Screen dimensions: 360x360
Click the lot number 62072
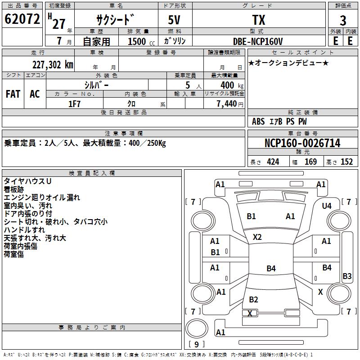pos(22,19)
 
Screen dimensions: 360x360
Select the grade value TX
pos(259,20)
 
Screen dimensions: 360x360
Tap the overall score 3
pos(343,21)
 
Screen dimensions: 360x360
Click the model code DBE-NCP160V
pos(258,41)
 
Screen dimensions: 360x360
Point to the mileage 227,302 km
pos(53,65)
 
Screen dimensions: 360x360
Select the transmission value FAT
pos(13,94)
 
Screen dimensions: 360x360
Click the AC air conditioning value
pos(35,94)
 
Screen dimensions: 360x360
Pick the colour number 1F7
pos(74,104)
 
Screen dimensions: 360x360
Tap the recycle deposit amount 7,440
pos(227,104)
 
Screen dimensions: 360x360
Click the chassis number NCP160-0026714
pos(302,143)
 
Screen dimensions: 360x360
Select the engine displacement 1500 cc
pos(141,41)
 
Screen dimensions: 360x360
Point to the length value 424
pos(273,162)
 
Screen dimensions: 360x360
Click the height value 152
pos(346,162)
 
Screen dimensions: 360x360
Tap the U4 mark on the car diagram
pos(327,206)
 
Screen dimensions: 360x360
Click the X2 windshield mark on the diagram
pos(257,237)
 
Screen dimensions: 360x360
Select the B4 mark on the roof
pos(271,268)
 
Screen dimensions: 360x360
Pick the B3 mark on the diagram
pos(347,276)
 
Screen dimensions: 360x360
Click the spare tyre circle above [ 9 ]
pos(197,328)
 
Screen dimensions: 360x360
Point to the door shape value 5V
pos(174,20)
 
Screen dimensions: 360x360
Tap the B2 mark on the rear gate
pos(253,299)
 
